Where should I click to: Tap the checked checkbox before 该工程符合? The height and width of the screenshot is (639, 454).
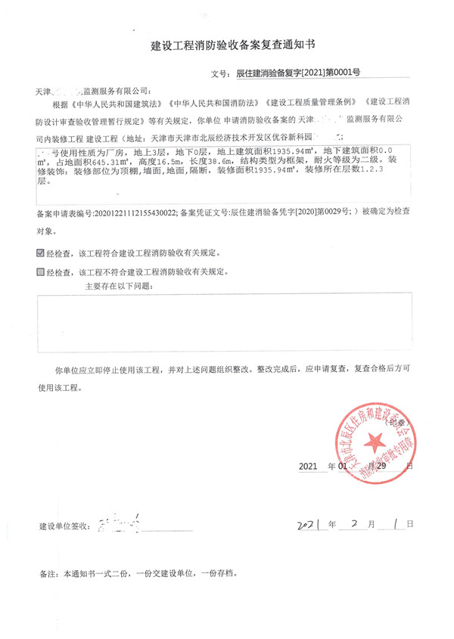pyautogui.click(x=40, y=253)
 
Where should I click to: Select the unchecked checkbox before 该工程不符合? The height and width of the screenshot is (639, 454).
pyautogui.click(x=40, y=271)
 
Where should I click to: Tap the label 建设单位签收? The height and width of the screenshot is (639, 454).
pyautogui.click(x=64, y=524)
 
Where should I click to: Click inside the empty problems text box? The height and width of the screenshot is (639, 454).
pyautogui.click(x=227, y=324)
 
